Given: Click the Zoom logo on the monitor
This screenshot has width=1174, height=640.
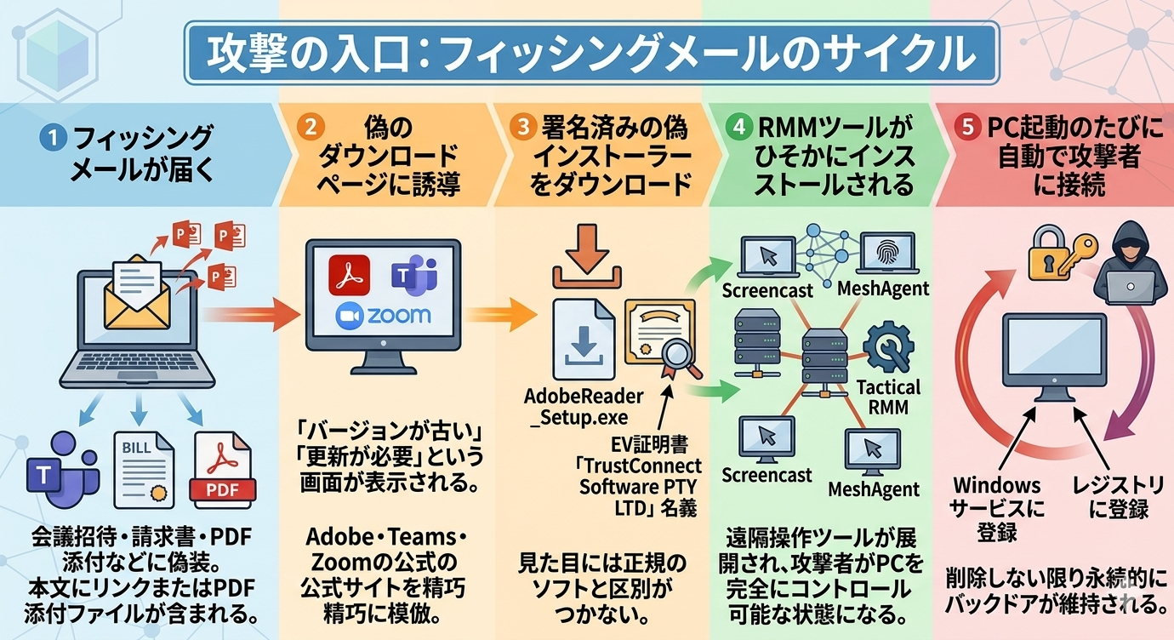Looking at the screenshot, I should point(384,316).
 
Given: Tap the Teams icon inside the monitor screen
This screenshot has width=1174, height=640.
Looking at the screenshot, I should point(414,275).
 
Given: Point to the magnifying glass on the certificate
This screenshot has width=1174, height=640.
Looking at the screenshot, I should point(681,351).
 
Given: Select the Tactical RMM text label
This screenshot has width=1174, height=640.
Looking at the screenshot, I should point(888,397).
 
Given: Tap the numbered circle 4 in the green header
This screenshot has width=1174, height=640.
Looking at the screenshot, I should point(739,128).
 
